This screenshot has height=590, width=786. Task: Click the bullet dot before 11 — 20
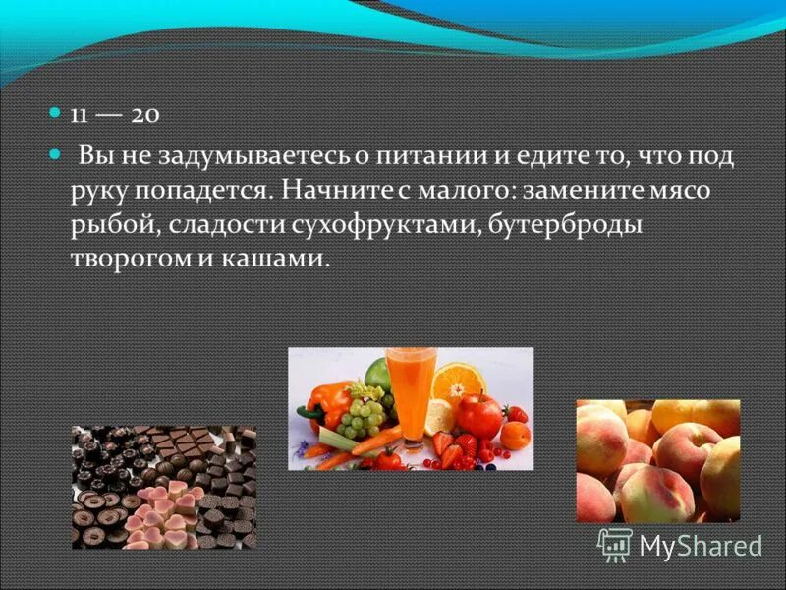click(x=55, y=114)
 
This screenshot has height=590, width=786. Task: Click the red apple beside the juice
click(x=479, y=415)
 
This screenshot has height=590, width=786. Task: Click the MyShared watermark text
click(x=700, y=545)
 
